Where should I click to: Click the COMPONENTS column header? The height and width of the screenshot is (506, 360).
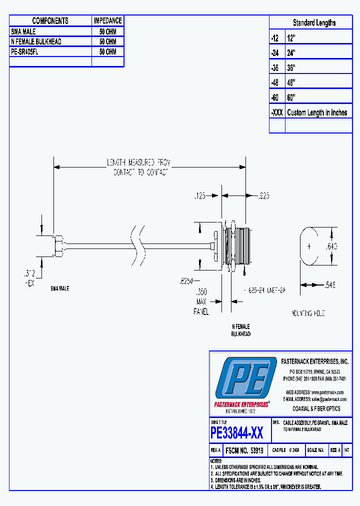(x=50, y=20)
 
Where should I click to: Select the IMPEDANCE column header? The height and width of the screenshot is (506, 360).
(x=107, y=20)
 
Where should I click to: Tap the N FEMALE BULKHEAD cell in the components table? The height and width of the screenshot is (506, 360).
(x=36, y=41)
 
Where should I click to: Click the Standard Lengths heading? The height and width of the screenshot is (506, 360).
(x=314, y=23)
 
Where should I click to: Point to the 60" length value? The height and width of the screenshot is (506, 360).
(x=291, y=97)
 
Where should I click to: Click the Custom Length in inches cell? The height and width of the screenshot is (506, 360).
(x=317, y=112)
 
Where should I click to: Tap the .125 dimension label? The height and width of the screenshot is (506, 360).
(x=200, y=196)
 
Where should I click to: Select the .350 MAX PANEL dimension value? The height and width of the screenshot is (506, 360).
(x=201, y=291)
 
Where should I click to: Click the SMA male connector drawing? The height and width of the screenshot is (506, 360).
(x=59, y=245)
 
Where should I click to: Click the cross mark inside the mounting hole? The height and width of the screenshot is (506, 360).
(x=309, y=246)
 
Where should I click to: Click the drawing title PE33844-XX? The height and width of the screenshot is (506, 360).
(x=236, y=432)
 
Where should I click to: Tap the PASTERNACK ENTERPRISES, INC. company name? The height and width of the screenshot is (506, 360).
(x=315, y=361)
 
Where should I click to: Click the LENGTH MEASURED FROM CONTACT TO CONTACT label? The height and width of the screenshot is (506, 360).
(x=138, y=167)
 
